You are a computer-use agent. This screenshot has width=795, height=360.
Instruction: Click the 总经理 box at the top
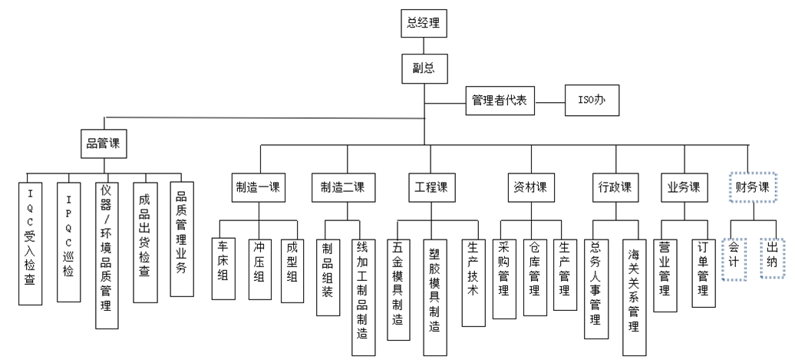423,23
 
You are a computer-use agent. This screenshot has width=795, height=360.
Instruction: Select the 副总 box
423,68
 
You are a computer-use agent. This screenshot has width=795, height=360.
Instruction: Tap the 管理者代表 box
500,101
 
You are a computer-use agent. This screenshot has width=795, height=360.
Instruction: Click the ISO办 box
590,101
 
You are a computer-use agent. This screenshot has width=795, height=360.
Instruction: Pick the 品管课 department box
104,143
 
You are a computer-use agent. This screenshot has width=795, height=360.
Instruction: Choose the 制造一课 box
258,187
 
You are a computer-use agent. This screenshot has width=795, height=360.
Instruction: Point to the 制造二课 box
343,187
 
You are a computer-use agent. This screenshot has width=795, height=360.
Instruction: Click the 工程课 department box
431,187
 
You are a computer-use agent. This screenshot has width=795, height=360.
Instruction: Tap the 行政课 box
615,187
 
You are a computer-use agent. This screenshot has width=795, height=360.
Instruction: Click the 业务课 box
684,187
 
